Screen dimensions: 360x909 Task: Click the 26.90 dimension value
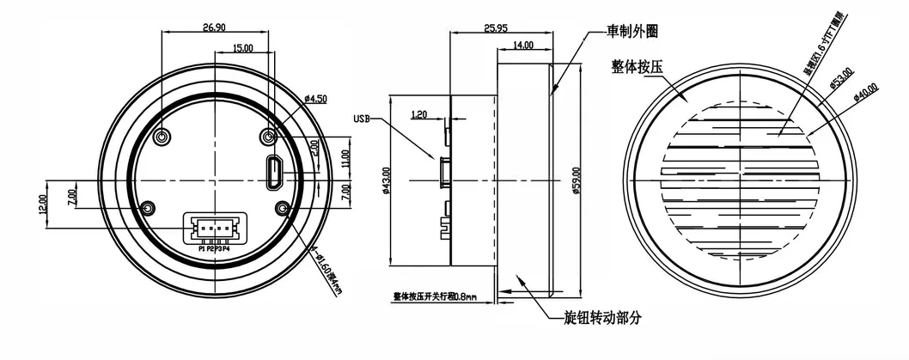[x=214, y=27]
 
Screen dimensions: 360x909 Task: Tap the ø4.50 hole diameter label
[x=315, y=99]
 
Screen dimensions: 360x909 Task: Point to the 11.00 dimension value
[x=345, y=158]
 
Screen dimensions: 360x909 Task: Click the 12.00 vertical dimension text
[x=43, y=204]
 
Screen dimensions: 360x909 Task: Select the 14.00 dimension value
[x=522, y=45]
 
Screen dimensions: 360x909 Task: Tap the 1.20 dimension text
[x=419, y=113]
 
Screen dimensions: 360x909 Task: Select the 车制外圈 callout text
[x=633, y=32]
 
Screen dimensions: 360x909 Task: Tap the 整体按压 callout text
[x=637, y=65]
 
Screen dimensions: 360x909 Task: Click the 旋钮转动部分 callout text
[x=605, y=318]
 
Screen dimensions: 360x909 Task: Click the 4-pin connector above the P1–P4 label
[x=215, y=228]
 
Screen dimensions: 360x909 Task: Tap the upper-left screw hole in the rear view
[x=162, y=137]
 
